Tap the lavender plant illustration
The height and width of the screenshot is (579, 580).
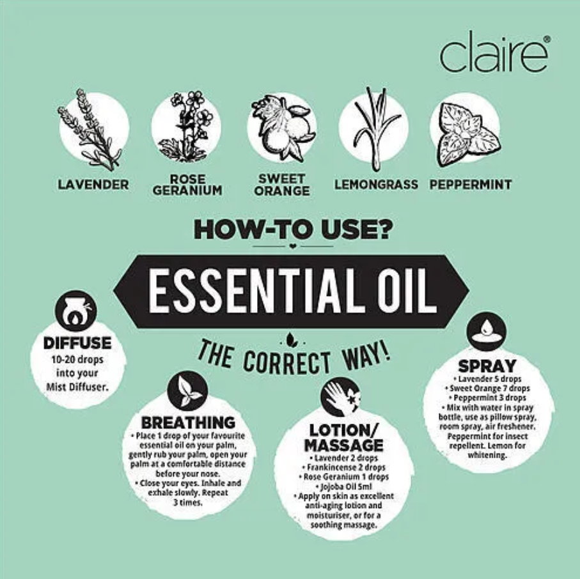click(x=90, y=129)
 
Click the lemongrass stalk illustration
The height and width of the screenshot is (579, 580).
click(x=376, y=128)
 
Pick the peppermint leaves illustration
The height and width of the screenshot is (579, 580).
click(x=468, y=135)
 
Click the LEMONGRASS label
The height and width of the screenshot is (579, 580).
click(x=376, y=185)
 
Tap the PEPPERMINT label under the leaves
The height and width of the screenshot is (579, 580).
click(x=471, y=185)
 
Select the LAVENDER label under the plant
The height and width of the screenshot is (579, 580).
click(x=93, y=185)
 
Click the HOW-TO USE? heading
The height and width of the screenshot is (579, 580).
click(x=292, y=229)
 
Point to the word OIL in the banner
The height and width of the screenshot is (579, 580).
click(x=407, y=291)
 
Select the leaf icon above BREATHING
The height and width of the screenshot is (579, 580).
click(x=187, y=391)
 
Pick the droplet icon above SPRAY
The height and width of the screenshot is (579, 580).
click(x=487, y=330)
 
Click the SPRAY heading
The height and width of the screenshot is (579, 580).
click(x=487, y=366)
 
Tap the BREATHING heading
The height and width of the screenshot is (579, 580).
click(x=188, y=422)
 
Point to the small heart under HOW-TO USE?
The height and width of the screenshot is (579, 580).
click(x=293, y=245)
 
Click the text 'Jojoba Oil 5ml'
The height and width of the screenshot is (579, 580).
click(x=344, y=486)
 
